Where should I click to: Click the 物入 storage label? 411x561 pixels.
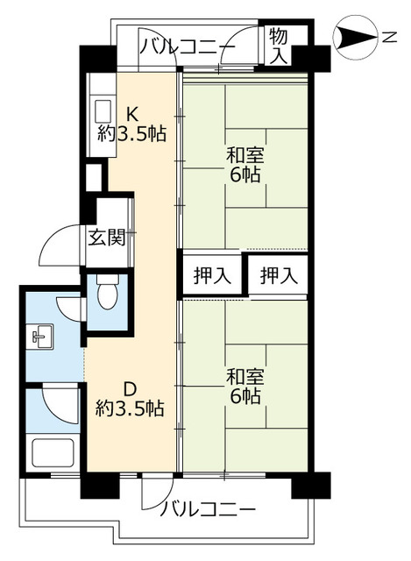click(x=279, y=46)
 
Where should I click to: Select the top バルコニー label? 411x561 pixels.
click(x=187, y=46)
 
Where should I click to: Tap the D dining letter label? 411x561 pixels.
click(x=130, y=387)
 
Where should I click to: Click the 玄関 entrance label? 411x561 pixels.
click(x=106, y=237)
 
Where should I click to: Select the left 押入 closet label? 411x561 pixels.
click(x=213, y=275)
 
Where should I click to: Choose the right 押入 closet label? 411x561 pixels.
click(x=280, y=275)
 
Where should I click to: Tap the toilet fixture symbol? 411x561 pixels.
click(x=106, y=294)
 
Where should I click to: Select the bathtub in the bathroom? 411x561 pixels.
click(x=52, y=454)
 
